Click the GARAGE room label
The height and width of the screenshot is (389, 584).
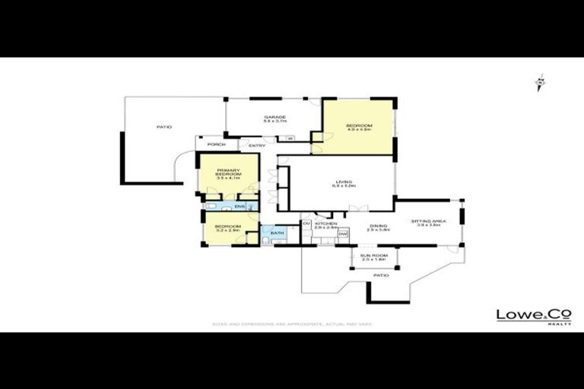pos(275,116)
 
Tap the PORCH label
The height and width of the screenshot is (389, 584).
pos(216,145)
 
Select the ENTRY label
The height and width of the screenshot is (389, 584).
pos(256,146)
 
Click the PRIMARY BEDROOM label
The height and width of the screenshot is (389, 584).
pos(228,172)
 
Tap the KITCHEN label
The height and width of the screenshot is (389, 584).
pos(325,223)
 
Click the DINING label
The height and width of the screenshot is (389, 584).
pos(378,225)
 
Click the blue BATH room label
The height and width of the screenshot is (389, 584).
pos(277,232)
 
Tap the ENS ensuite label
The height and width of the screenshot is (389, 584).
pos(239,207)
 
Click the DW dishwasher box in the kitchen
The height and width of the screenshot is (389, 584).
pos(342,234)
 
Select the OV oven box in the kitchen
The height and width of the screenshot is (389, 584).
pos(306,223)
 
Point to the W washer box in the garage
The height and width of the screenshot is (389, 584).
pos(290,138)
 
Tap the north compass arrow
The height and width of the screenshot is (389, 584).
pos(540,82)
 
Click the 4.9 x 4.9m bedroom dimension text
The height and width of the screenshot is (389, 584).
pos(358,130)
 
